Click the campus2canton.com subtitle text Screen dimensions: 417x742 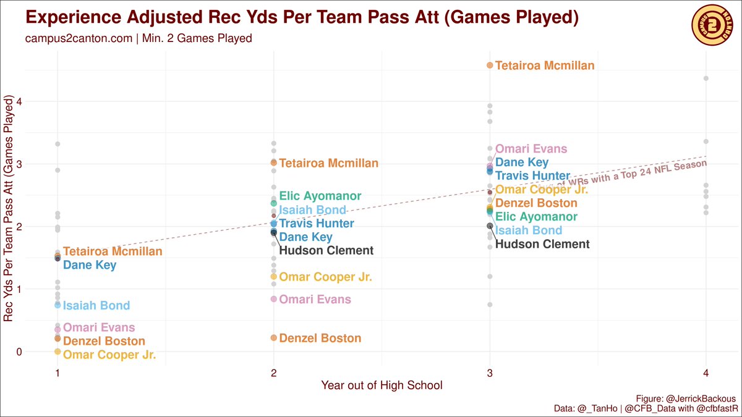pos(139,38)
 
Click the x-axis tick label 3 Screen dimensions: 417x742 pos(490,373)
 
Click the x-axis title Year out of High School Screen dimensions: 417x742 pos(382,385)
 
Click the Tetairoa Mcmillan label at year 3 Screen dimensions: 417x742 pos(545,65)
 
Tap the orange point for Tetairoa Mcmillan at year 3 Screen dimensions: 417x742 pos(490,65)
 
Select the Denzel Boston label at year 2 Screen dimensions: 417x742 pos(320,339)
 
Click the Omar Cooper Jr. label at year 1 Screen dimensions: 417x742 pos(109,355)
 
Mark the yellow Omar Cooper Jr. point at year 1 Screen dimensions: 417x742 pos(58,352)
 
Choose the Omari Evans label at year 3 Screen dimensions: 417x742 pos(531,149)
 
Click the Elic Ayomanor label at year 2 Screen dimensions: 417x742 pos(320,196)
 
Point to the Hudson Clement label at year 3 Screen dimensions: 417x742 pos(542,244)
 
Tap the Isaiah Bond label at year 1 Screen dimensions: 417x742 pos(96,305)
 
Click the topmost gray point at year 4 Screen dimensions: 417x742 pos(706,78)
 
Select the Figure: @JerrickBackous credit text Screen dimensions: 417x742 pos(685,398)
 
